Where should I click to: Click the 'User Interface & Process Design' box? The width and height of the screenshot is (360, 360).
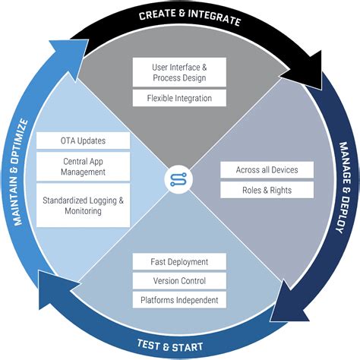[x=179, y=72]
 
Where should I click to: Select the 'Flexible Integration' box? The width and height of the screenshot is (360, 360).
[x=179, y=98]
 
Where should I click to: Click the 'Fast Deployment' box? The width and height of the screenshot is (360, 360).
[x=179, y=262]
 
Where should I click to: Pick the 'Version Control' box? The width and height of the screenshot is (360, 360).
[x=179, y=281]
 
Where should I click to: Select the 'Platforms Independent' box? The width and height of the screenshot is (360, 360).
[x=179, y=300]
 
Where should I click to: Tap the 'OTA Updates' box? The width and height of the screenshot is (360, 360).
[x=84, y=141]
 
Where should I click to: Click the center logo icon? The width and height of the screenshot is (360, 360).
[x=179, y=180]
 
